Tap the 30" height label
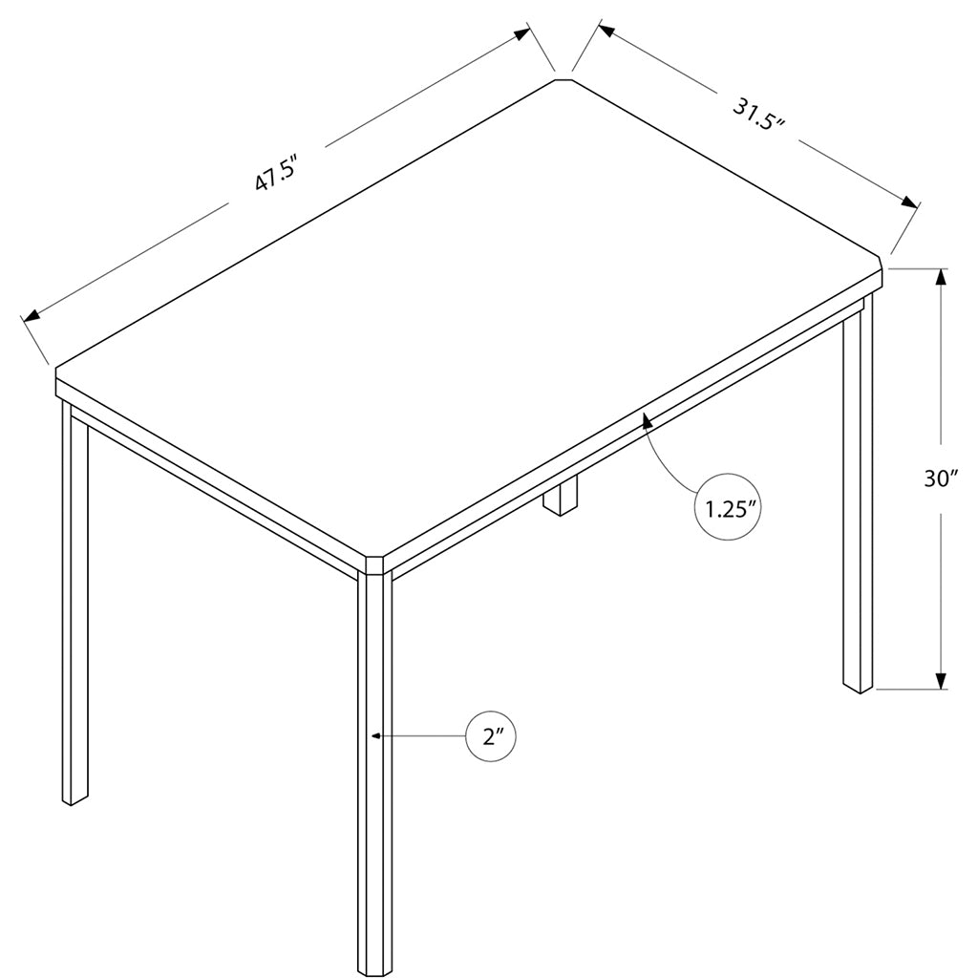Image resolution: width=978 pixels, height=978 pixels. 941,479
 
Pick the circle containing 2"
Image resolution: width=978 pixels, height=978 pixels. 492,736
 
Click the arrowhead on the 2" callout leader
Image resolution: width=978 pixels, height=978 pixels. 375,736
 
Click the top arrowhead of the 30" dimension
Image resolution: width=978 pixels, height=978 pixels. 941,278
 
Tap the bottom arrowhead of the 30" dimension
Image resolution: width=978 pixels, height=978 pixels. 941,680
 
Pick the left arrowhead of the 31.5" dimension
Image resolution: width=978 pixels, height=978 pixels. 607,30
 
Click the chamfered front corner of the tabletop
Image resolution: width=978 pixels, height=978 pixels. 374,563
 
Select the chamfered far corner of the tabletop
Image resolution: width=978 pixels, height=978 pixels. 563,80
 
